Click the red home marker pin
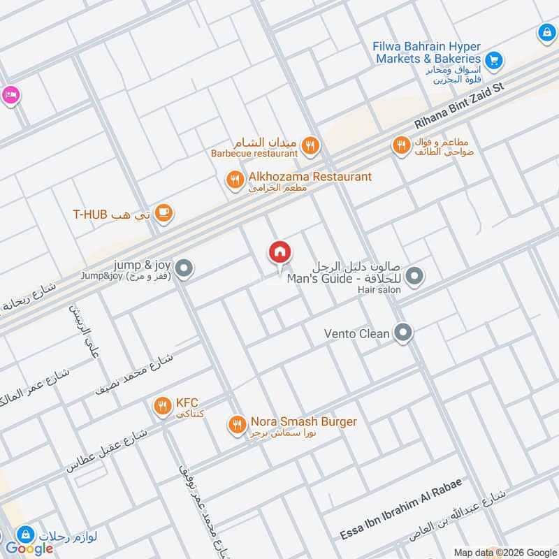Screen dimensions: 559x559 279,253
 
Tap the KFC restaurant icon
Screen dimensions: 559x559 163,405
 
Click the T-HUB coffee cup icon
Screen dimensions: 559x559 164,214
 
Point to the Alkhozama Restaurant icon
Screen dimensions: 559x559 234,181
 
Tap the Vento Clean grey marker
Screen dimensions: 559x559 402,333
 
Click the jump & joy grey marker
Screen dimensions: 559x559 184,268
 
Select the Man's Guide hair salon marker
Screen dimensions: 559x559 414,277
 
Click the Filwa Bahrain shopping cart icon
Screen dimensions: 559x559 494,61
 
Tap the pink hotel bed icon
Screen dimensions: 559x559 10,94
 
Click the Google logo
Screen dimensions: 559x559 29,549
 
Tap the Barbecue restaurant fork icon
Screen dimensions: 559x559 311,146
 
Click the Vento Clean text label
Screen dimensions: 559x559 356,334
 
